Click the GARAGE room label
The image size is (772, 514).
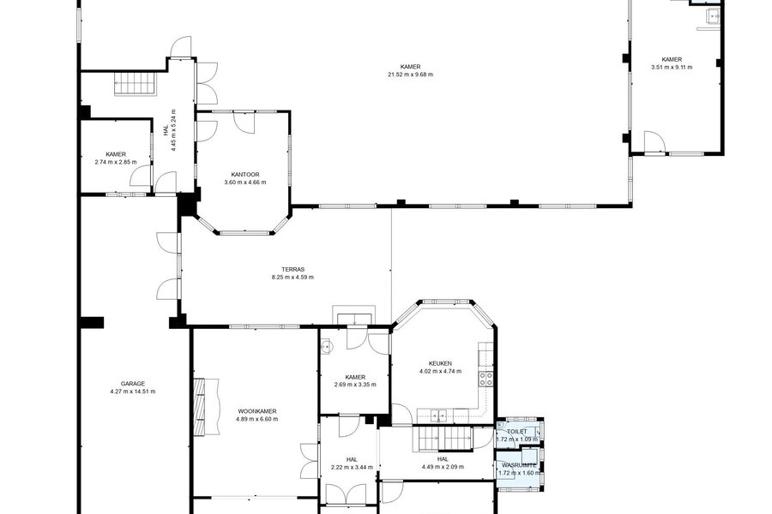(x=133, y=384)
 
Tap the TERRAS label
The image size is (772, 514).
(x=293, y=270)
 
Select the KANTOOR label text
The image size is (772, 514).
(x=245, y=175)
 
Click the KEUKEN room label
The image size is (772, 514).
(x=440, y=363)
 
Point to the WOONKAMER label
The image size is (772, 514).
(x=257, y=411)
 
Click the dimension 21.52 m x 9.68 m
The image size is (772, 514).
(x=410, y=75)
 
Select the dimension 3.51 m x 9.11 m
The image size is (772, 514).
(x=672, y=68)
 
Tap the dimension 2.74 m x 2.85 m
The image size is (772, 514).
(x=116, y=162)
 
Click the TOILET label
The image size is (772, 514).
(x=517, y=432)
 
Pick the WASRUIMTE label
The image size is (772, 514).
(x=519, y=465)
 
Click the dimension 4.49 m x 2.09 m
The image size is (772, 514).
(x=443, y=467)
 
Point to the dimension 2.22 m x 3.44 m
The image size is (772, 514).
(x=352, y=467)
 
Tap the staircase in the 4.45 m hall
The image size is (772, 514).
(x=136, y=83)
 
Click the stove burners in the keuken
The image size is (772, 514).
(x=486, y=379)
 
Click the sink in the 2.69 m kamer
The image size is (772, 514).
(x=326, y=349)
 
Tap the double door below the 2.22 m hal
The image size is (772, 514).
(x=347, y=493)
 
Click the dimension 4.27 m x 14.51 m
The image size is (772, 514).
(x=133, y=391)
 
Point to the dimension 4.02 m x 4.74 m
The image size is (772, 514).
(x=440, y=371)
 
